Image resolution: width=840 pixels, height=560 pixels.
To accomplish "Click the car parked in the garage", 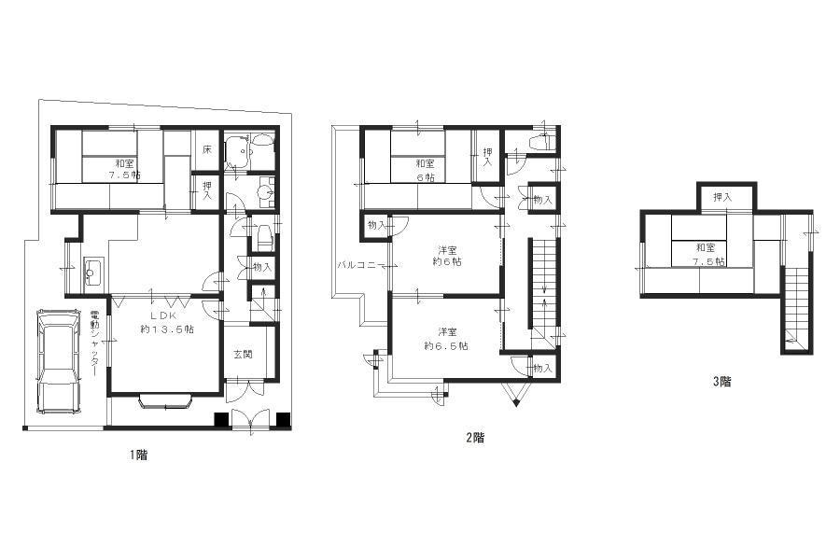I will [x=58, y=362].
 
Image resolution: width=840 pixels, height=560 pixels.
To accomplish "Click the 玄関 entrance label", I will [x=241, y=354].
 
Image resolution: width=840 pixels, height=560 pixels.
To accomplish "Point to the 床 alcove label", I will [x=206, y=149].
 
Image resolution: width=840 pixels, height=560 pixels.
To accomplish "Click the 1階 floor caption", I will [x=138, y=455].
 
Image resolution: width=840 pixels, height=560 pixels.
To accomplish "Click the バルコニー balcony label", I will [x=357, y=266].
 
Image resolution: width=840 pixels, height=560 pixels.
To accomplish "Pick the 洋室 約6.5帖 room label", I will [x=446, y=339].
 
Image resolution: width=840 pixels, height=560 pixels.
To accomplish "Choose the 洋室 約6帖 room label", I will [x=448, y=256].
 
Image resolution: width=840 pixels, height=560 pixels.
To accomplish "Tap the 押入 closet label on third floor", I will [x=721, y=197].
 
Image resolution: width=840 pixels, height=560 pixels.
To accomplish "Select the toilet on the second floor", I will [x=541, y=143].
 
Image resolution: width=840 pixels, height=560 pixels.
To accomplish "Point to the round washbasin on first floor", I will [x=265, y=193].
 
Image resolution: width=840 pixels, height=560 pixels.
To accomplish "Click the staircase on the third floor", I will [x=796, y=308].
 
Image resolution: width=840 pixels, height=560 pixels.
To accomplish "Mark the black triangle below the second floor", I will [x=516, y=402].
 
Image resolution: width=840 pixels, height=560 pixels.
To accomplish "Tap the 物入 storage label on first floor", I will [x=261, y=268].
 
